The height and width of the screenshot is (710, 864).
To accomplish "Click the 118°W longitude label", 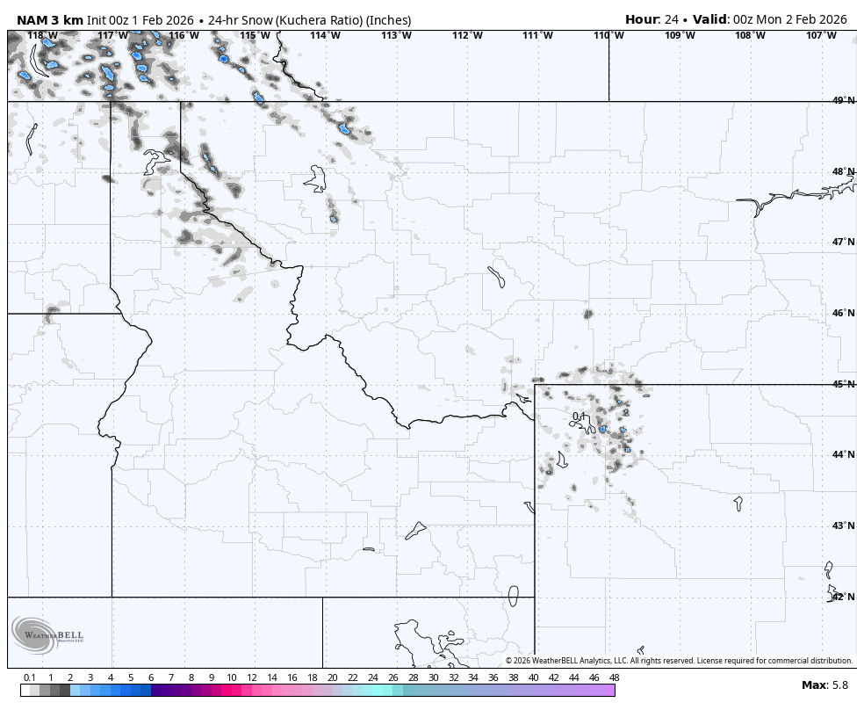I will coord(42,36).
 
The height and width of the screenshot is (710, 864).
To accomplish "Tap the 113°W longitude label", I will coord(396,36).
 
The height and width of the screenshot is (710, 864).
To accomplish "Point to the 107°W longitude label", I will coord(821,36).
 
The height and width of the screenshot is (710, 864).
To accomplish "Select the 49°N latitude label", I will coord(843,101).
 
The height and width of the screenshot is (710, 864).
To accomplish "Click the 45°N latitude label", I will coord(843,384).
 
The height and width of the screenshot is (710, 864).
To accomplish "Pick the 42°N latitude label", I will coord(843,597).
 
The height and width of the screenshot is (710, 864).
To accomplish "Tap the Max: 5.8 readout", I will coord(824,685).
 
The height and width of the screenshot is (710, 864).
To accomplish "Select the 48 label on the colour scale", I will coord(614,677).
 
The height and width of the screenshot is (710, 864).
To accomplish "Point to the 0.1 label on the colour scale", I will coord(30,677).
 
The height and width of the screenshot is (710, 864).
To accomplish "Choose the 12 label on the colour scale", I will coord(252,677).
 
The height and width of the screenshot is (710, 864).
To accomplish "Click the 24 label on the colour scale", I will coord(373,677).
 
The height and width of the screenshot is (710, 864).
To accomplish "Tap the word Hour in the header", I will coord(641,19).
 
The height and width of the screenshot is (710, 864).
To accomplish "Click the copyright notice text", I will coord(679,661).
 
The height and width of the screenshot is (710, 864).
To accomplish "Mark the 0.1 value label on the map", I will coord(580,417).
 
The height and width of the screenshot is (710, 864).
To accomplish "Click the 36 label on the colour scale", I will coord(493,677).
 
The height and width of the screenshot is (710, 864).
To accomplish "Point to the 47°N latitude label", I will coord(843,243).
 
